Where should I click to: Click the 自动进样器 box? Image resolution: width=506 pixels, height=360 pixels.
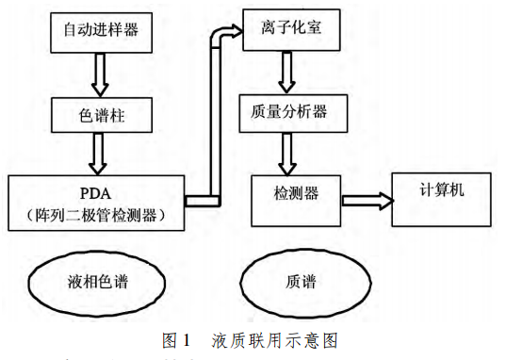click(100, 30)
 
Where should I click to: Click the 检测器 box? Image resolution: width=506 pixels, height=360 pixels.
click(296, 194)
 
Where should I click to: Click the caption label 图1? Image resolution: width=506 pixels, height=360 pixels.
click(178, 337)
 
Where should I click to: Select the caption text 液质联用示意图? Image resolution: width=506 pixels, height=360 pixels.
click(274, 337)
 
